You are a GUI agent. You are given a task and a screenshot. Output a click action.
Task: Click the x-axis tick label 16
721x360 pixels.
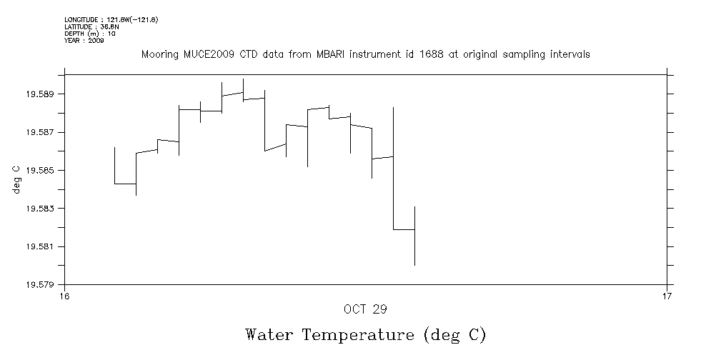tap(65, 296)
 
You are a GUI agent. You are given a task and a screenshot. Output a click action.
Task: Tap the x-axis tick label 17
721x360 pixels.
tap(667, 296)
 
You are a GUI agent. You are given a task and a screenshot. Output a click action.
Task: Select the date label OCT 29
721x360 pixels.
tap(365, 309)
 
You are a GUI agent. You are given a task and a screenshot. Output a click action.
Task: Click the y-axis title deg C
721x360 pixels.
tap(16, 179)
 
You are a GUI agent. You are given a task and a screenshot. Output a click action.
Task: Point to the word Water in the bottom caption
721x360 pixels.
tap(269, 335)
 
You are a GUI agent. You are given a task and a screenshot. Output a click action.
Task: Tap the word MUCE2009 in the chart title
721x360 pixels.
tap(207, 55)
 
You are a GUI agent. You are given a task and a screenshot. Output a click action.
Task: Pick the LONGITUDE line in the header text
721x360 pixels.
tap(111, 19)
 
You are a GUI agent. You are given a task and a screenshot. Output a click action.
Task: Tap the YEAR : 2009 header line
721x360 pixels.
tap(84, 41)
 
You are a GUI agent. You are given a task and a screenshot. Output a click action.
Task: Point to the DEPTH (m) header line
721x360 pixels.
tap(90, 34)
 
